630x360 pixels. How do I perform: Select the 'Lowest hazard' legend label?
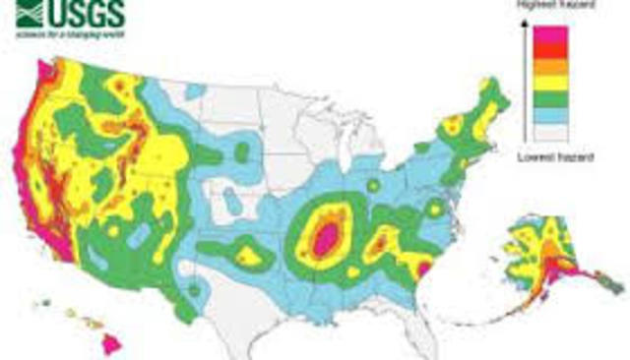click(x=555, y=156)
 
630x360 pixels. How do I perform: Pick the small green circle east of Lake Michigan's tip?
click(x=373, y=185)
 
